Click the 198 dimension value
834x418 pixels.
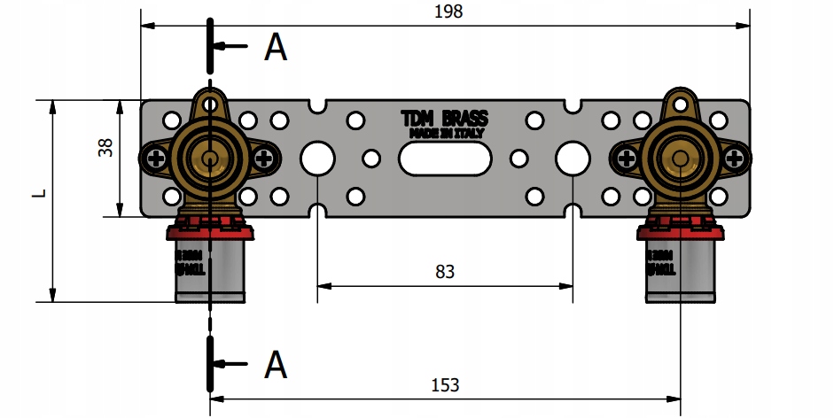point(449,12)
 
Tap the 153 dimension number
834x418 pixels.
point(446,384)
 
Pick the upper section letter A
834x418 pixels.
point(276,48)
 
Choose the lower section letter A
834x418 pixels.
point(277,363)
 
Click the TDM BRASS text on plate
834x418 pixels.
point(444,118)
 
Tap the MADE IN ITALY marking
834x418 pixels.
point(444,133)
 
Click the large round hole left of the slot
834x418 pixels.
point(317,159)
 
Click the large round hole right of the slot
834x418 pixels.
point(573,159)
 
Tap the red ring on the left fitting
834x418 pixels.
point(209,232)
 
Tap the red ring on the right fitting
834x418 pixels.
point(680,232)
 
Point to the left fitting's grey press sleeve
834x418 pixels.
point(209,270)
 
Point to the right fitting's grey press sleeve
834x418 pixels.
point(680,270)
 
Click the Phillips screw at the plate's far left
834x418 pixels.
point(154,159)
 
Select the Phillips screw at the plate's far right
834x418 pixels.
point(735,159)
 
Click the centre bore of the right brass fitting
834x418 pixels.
point(680,159)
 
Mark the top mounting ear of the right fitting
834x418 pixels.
point(680,104)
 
